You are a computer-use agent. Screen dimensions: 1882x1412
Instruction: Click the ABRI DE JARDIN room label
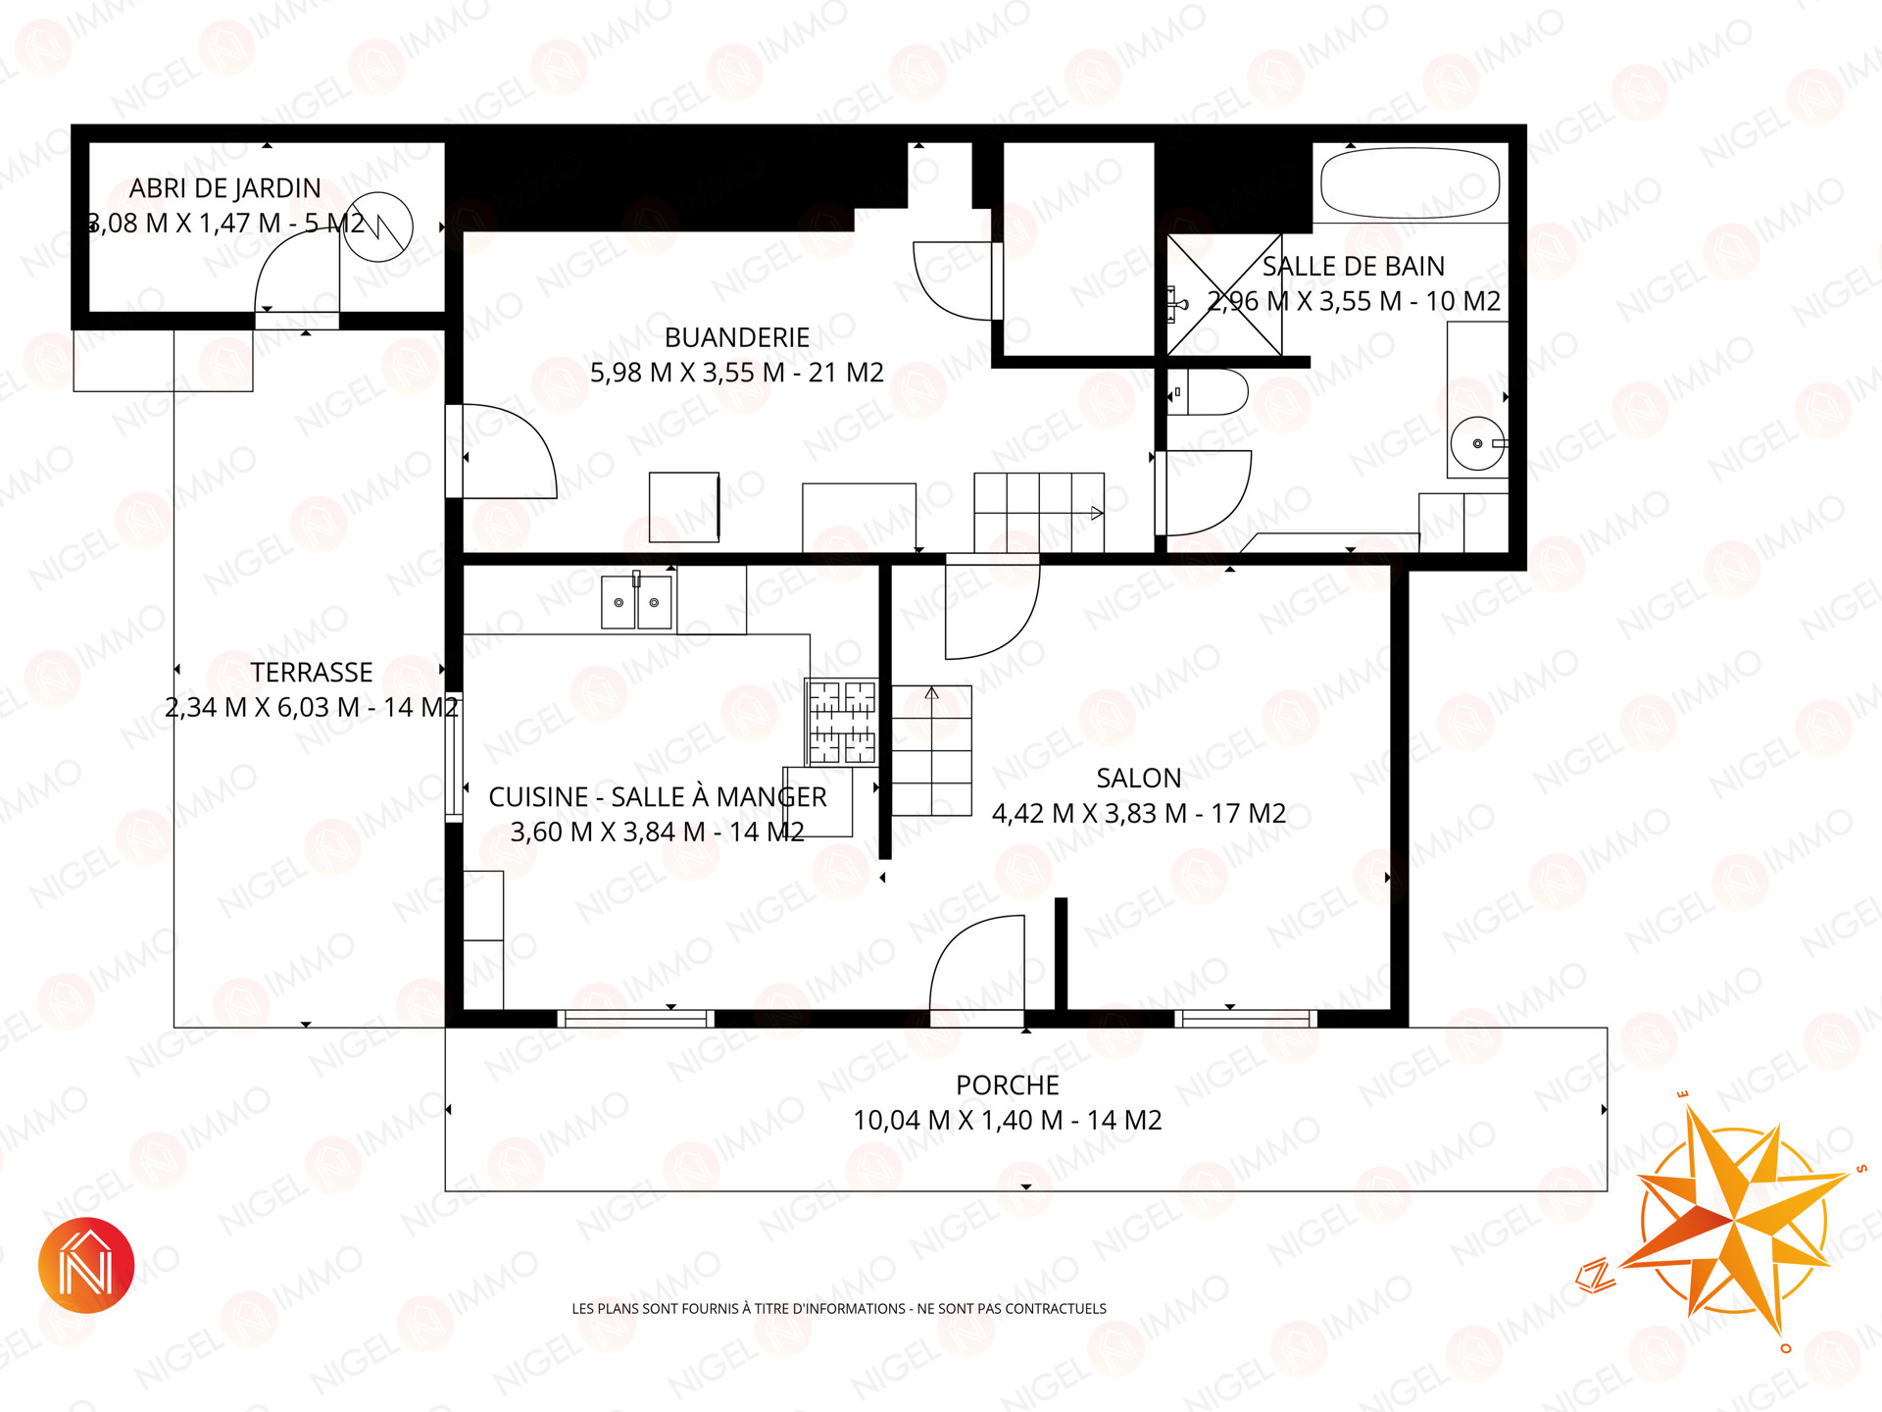coord(225,188)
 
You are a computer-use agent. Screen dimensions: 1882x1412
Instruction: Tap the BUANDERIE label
coord(737,337)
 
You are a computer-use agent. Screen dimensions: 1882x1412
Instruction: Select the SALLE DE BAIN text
coord(1354,266)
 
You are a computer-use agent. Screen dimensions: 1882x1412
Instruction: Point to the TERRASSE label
coord(312,672)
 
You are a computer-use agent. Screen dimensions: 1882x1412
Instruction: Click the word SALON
coord(1138,778)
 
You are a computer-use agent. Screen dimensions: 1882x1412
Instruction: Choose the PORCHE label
coord(1008,1085)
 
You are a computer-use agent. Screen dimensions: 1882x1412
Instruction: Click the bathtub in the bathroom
coord(1411,183)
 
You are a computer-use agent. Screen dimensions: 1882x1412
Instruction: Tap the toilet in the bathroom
coord(1208,392)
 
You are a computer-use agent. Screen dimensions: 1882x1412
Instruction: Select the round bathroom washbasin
coord(1477,443)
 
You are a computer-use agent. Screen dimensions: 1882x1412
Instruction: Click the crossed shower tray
coord(1224,295)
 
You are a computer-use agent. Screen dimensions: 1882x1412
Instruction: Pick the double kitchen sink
coord(637,601)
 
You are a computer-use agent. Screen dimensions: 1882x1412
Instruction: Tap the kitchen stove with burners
coord(841,722)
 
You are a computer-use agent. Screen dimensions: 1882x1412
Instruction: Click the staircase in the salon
coord(931,750)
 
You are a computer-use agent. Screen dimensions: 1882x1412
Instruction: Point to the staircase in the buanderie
coord(1039,512)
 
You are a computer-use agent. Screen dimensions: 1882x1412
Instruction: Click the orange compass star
coord(1733,1220)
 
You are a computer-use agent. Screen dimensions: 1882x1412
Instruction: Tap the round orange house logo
coord(86,1265)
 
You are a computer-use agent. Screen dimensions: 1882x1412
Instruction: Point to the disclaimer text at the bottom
coord(839,1308)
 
